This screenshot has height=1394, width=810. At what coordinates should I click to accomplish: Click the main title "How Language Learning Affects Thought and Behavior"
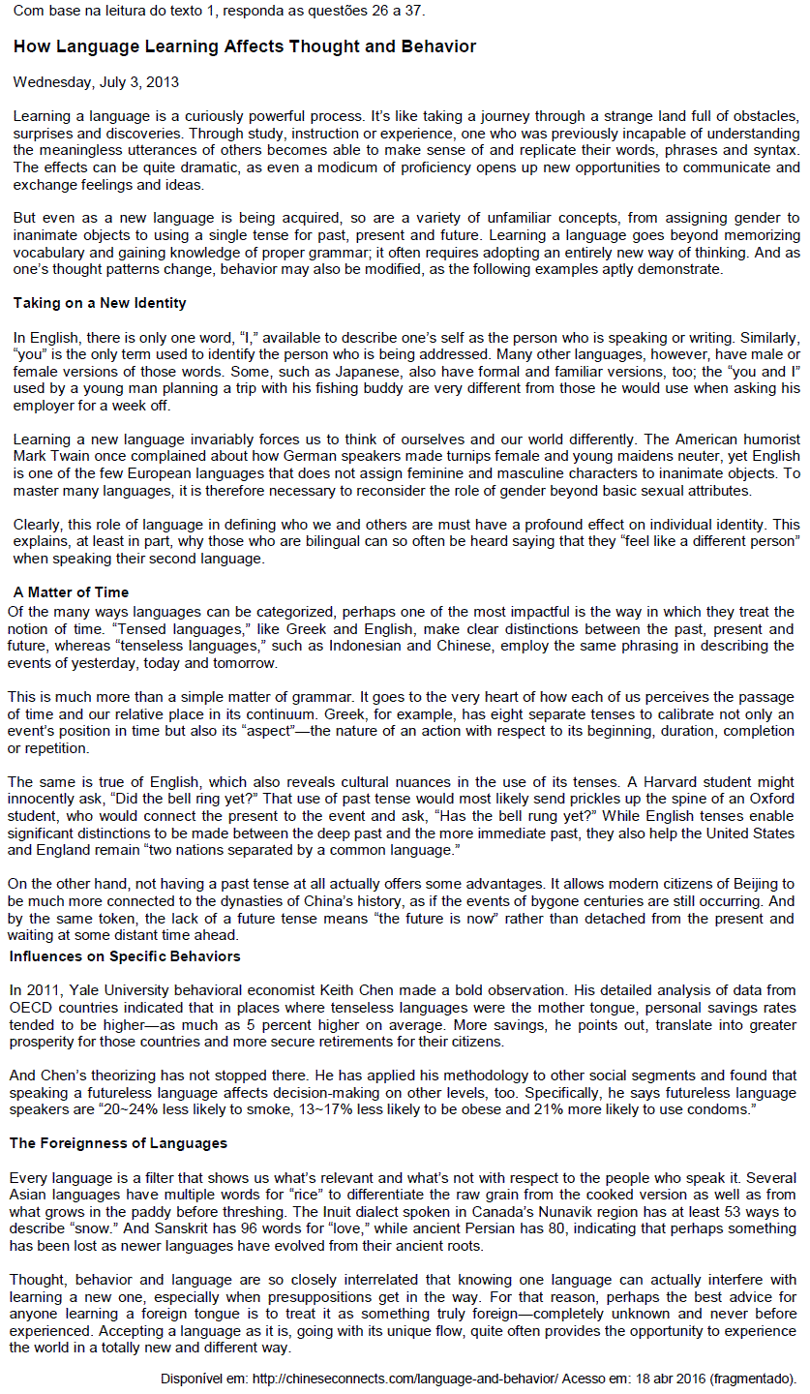pos(244,46)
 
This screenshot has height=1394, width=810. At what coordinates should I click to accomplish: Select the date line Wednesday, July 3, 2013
pos(96,82)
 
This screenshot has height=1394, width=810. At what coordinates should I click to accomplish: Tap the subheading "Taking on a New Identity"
pos(100,303)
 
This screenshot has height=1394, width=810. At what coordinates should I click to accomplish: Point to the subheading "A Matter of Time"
pos(71,592)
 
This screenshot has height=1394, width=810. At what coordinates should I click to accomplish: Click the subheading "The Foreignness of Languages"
pos(118,1143)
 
